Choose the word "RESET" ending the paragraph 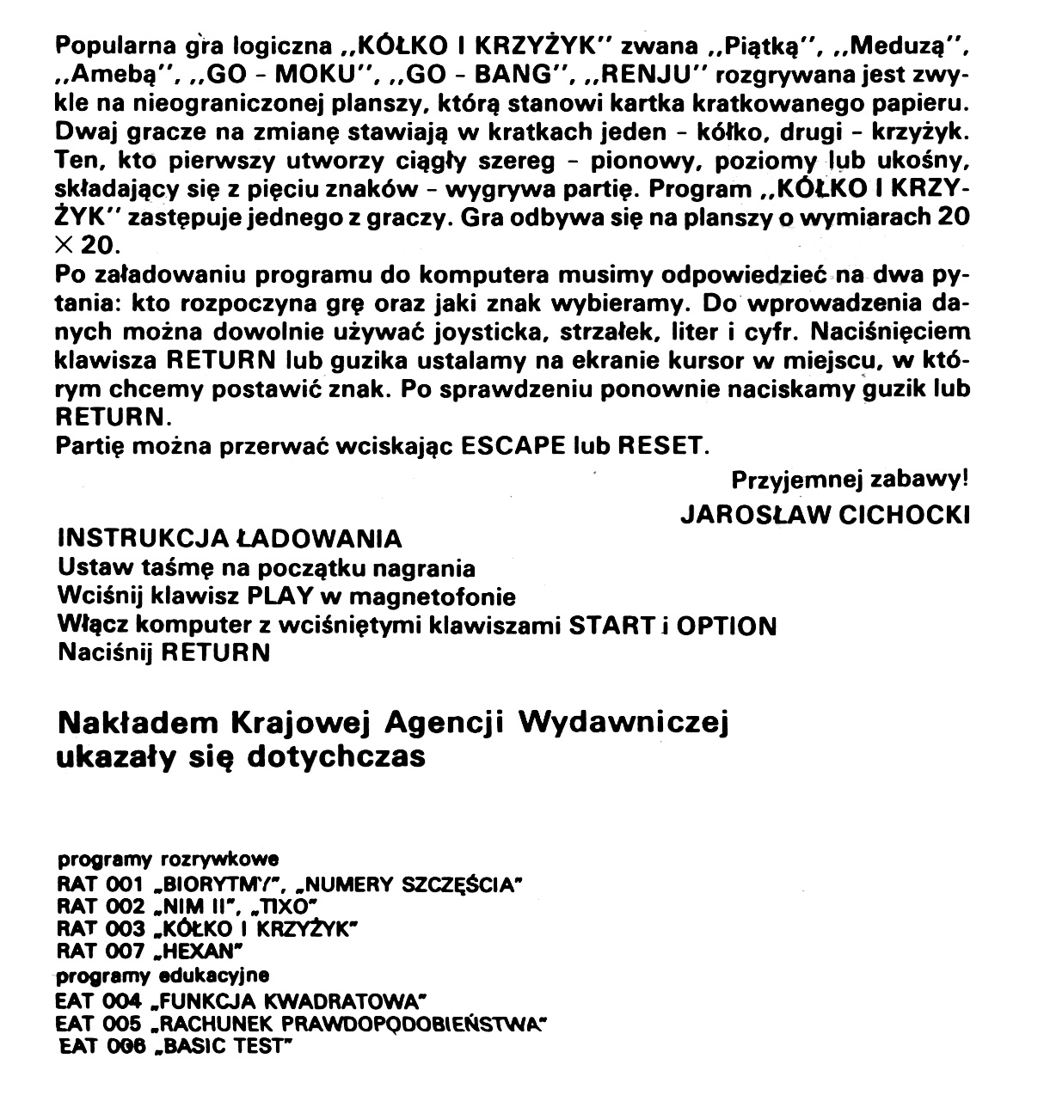click(664, 448)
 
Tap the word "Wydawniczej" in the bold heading click(623, 724)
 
